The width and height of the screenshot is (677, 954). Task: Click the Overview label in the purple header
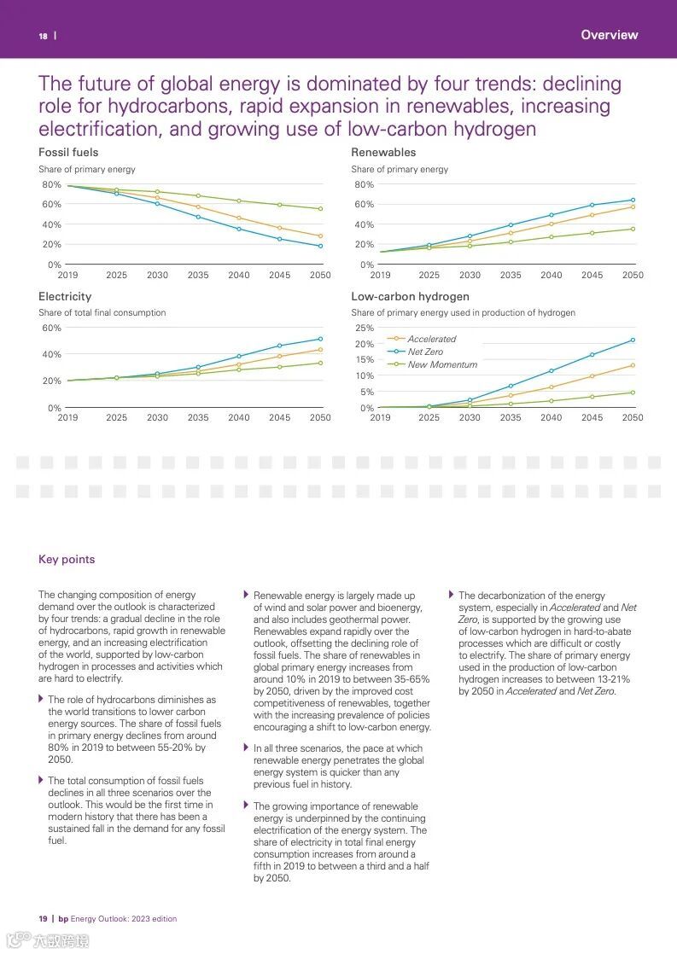(x=609, y=35)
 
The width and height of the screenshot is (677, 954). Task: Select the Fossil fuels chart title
(x=68, y=152)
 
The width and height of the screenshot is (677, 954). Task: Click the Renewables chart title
(x=383, y=152)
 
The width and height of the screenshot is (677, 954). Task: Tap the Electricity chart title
(x=65, y=296)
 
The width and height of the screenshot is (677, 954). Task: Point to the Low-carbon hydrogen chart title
(x=410, y=296)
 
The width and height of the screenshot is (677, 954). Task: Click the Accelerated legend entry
(x=431, y=339)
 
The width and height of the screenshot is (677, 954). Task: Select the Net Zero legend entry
(x=425, y=352)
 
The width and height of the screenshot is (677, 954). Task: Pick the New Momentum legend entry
(x=442, y=364)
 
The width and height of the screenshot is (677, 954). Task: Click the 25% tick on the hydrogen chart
(x=365, y=328)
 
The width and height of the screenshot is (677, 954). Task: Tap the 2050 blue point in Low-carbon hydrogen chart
(x=633, y=340)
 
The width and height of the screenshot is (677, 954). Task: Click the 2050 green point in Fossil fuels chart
(x=320, y=209)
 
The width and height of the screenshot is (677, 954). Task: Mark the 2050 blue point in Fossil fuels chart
(x=320, y=246)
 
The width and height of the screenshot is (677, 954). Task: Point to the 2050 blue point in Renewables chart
(x=633, y=200)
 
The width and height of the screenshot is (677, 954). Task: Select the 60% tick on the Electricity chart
(x=51, y=328)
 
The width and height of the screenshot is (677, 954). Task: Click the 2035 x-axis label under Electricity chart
(x=198, y=417)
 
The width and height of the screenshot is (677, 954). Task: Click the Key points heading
(x=67, y=560)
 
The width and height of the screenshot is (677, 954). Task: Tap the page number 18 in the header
(x=43, y=36)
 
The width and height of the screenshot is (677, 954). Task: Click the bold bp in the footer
(x=63, y=918)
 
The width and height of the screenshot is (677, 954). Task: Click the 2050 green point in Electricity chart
(x=320, y=363)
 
